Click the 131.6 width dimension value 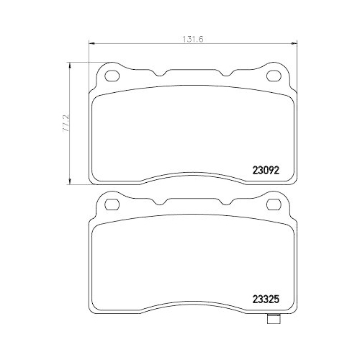(x=186, y=39)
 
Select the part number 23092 (x=265, y=171)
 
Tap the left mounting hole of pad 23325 (x=112, y=205)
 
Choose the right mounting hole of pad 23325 (x=274, y=205)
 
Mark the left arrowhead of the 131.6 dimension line (x=90, y=46)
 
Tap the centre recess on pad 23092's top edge (x=193, y=73)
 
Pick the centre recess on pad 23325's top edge (x=193, y=202)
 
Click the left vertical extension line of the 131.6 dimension (x=88, y=54)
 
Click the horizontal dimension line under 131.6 (x=144, y=46)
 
